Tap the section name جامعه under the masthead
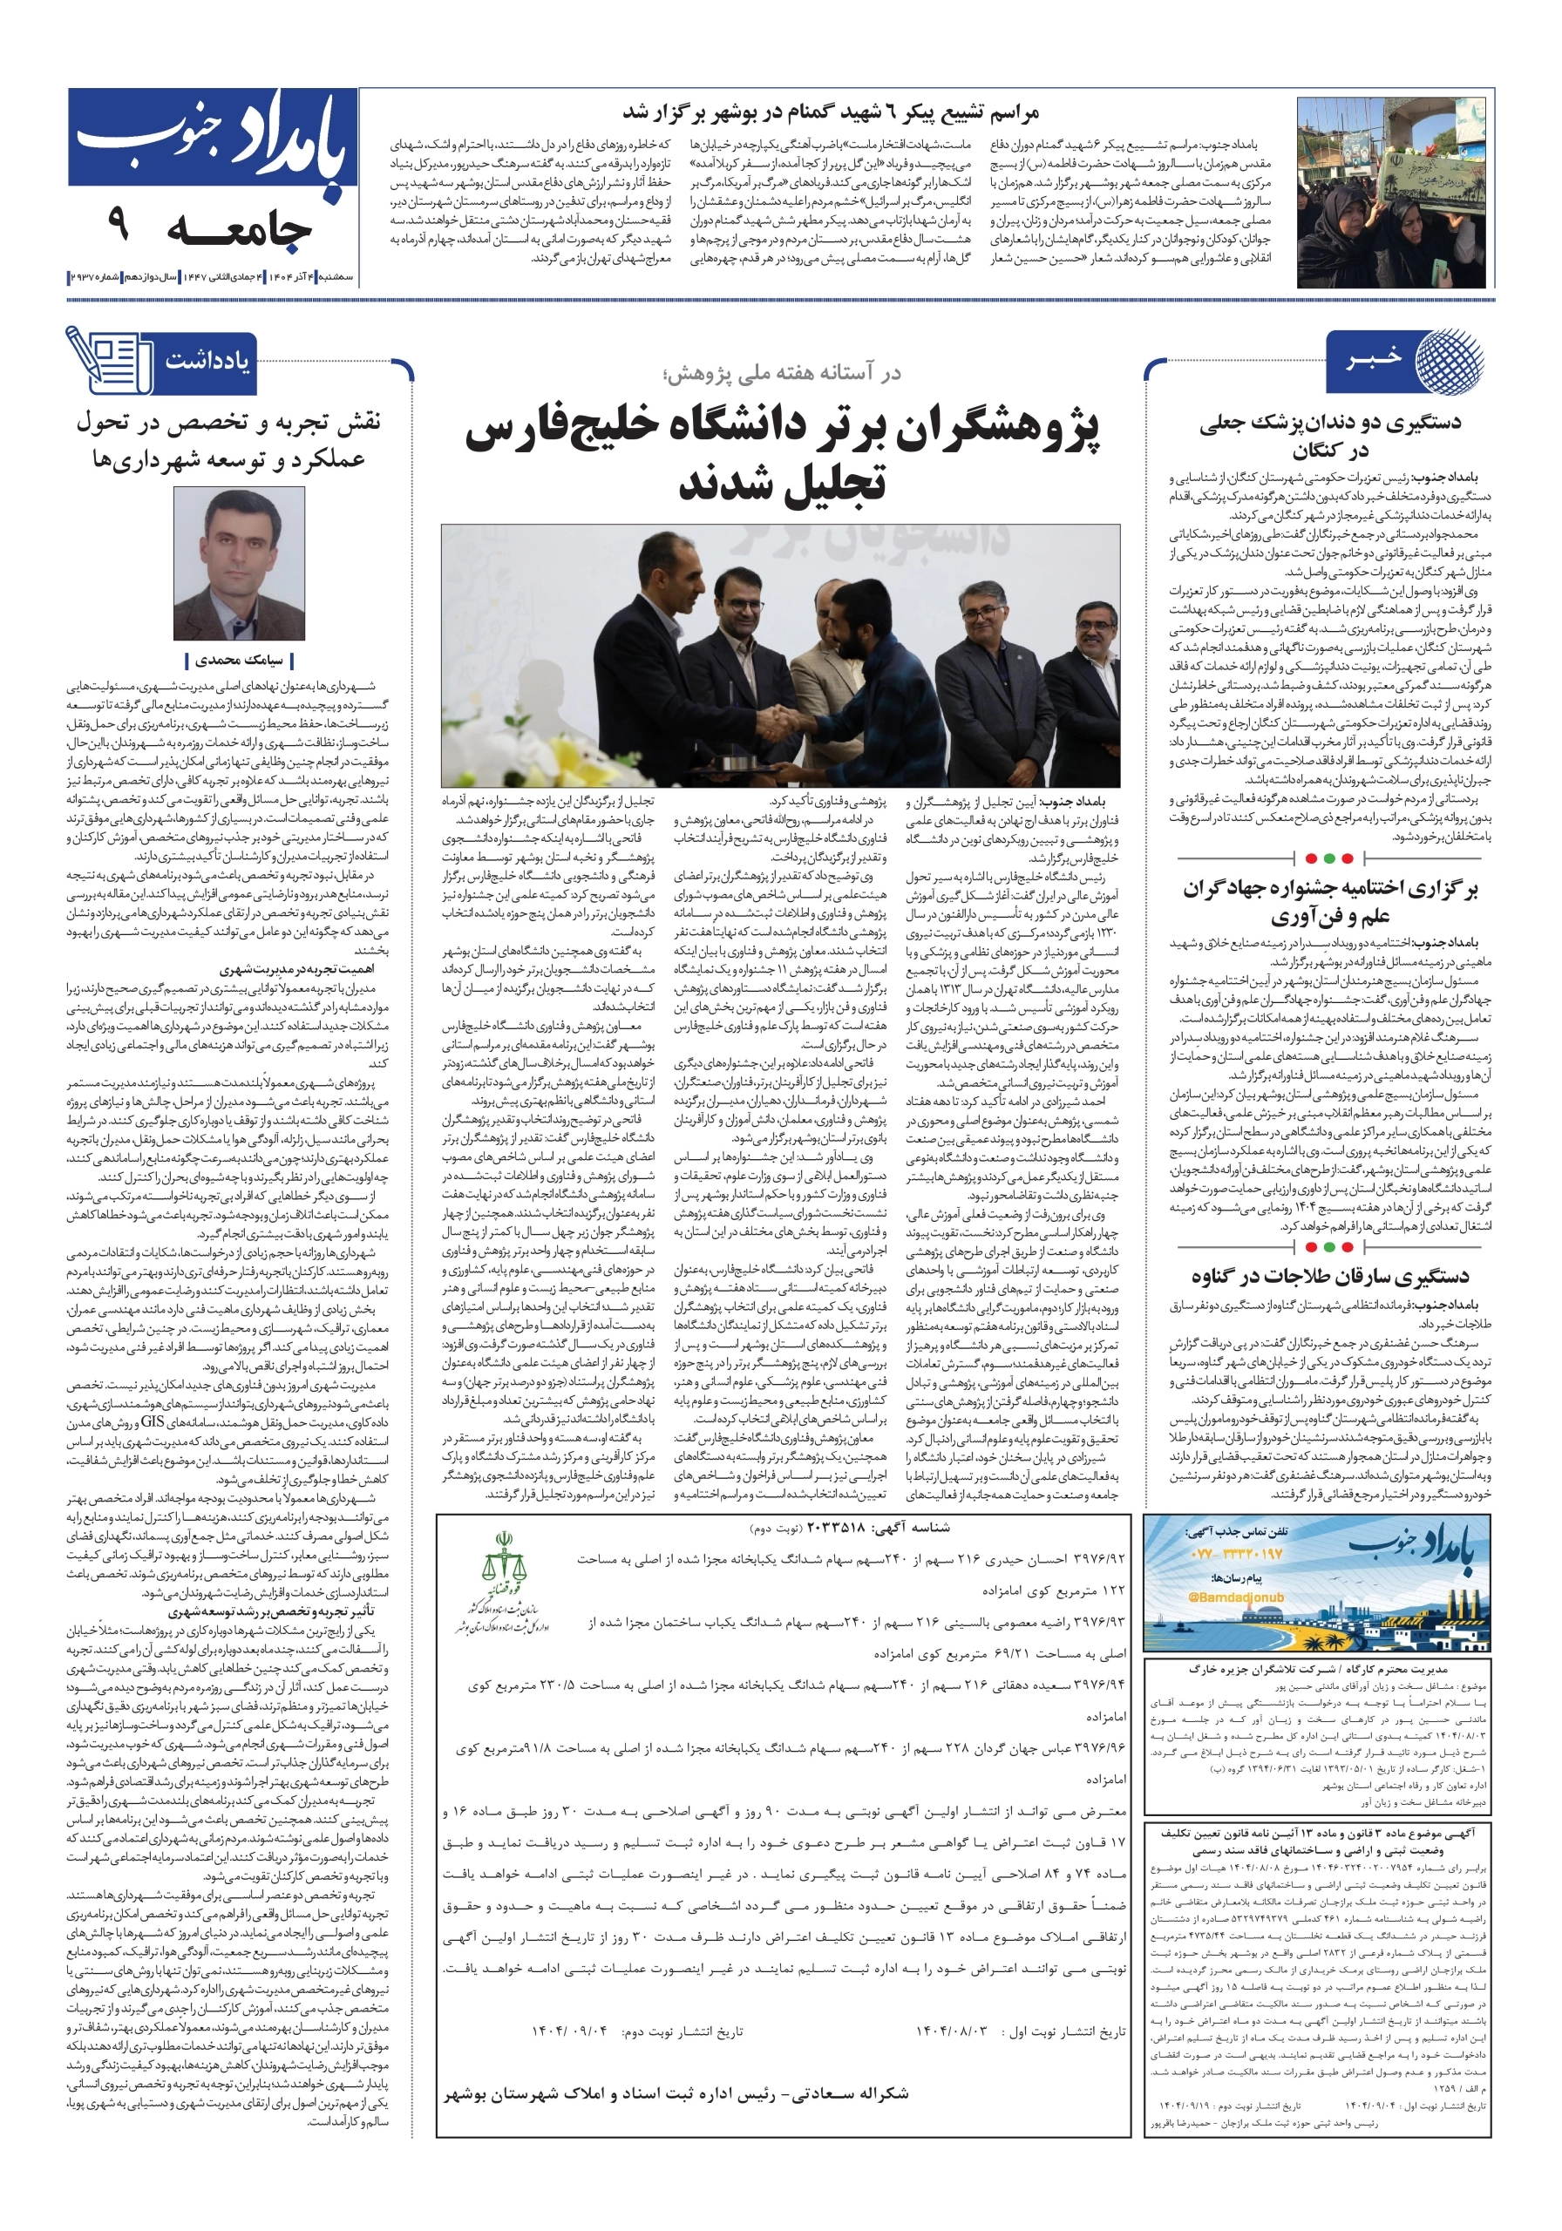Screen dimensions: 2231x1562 point(239,230)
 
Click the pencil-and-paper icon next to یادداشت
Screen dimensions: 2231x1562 point(107,360)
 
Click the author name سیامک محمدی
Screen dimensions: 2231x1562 point(238,661)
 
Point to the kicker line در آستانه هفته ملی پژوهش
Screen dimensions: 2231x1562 point(780,373)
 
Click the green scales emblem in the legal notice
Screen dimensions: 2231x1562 point(503,1563)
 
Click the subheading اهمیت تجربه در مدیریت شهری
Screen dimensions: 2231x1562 point(295,969)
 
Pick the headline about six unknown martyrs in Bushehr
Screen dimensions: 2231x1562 point(830,113)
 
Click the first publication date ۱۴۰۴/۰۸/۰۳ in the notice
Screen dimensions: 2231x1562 point(961,2031)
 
